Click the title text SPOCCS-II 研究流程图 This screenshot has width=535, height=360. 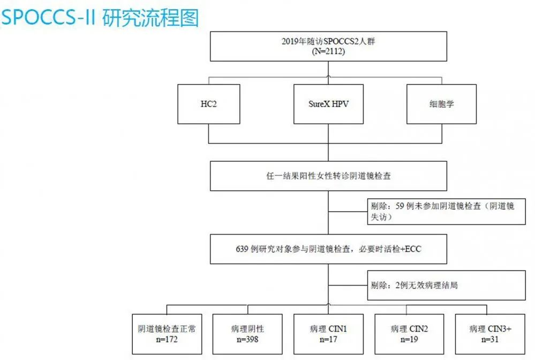100,17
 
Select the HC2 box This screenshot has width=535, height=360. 209,104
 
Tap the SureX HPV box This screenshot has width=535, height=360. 329,104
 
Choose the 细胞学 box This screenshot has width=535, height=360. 441,104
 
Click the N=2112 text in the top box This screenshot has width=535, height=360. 329,51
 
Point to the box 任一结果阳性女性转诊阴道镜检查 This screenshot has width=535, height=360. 329,176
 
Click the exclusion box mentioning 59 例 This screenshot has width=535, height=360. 446,212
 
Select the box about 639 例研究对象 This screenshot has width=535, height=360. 329,249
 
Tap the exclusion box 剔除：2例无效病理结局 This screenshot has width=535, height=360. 446,286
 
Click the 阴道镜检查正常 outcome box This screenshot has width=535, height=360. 167,334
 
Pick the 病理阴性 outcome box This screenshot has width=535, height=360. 247,334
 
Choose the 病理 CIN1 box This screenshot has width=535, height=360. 329,334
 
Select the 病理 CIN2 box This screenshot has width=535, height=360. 409,334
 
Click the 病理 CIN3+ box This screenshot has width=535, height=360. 490,334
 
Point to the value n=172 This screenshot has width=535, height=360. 167,340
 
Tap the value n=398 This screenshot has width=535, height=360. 247,340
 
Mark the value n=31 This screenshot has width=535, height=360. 490,340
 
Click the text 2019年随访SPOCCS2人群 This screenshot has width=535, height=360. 328,41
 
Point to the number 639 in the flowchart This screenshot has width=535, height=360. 242,249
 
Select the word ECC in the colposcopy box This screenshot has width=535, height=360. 413,249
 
